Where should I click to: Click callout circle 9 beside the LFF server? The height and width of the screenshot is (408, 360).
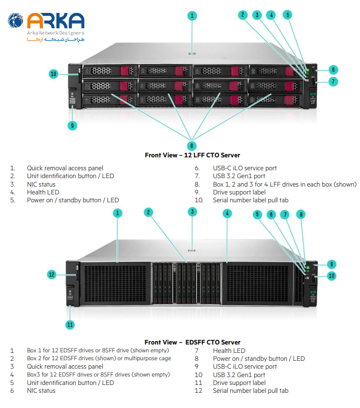[73, 125]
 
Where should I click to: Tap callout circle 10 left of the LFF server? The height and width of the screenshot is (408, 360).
[54, 74]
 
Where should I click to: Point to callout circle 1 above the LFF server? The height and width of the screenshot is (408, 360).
[192, 16]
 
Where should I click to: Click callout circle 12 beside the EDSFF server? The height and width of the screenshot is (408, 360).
[52, 274]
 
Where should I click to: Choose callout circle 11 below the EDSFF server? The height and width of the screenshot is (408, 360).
[70, 324]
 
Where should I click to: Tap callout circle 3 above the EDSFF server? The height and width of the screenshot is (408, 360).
[192, 212]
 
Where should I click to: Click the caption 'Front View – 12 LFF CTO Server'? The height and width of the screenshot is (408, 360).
[192, 155]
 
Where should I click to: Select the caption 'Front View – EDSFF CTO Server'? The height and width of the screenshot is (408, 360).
[192, 342]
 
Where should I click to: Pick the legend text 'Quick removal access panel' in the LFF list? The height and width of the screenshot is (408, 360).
[65, 168]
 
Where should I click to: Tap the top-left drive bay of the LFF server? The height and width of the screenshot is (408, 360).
[109, 71]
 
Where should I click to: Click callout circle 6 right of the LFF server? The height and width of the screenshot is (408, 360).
[334, 70]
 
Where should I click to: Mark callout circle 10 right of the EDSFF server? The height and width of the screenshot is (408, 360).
[332, 275]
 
